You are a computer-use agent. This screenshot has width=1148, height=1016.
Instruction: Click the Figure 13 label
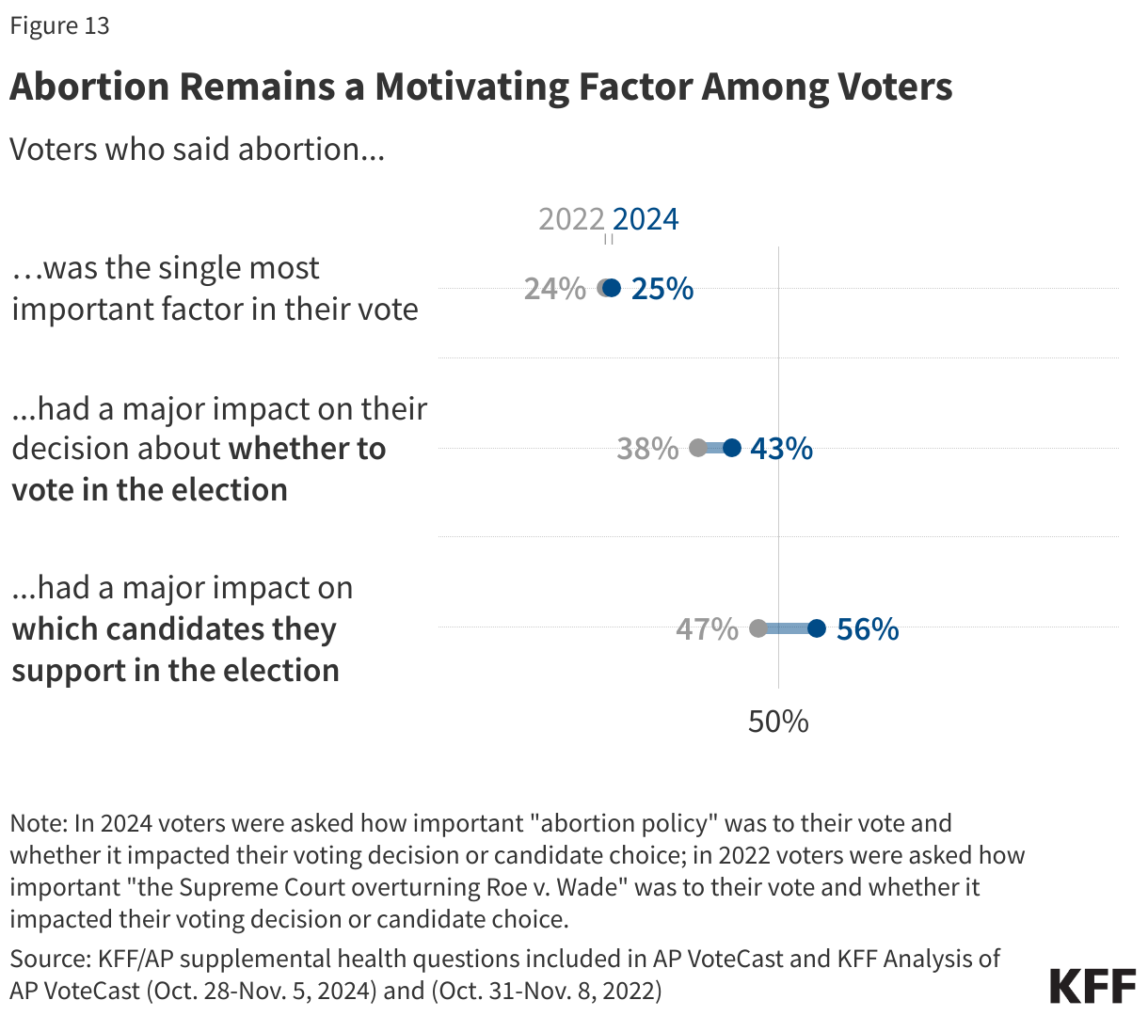(59, 25)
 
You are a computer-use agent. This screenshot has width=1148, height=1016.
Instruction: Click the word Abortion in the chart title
(89, 87)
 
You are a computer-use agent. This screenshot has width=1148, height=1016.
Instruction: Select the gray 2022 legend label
(571, 219)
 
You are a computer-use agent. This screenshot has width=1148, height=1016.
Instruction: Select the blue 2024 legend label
(646, 219)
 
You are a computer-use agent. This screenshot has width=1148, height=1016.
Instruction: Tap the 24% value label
(554, 289)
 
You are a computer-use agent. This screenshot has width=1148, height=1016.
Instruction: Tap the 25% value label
(662, 289)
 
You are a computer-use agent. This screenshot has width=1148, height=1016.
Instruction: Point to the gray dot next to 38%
(697, 448)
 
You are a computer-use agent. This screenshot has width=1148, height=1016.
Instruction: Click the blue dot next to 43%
(732, 448)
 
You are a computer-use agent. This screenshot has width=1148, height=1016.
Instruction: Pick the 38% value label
(647, 449)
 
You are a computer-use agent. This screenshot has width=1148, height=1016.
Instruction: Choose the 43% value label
(781, 449)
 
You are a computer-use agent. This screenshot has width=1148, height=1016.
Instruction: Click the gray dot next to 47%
(758, 628)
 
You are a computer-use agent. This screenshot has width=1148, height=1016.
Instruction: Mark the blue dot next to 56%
(817, 628)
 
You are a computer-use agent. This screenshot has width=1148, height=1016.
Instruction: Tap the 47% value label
(707, 628)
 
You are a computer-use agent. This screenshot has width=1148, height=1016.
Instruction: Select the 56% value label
(868, 628)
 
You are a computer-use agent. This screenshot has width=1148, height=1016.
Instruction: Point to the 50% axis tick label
(778, 722)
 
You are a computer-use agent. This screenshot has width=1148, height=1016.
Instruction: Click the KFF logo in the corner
(1092, 986)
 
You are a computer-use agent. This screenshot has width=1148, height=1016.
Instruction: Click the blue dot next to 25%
(613, 288)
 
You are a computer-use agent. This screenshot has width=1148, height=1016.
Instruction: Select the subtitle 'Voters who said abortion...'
(197, 149)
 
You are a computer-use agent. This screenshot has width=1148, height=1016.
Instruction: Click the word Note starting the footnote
(37, 823)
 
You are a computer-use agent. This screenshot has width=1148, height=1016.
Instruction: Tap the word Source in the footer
(48, 959)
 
